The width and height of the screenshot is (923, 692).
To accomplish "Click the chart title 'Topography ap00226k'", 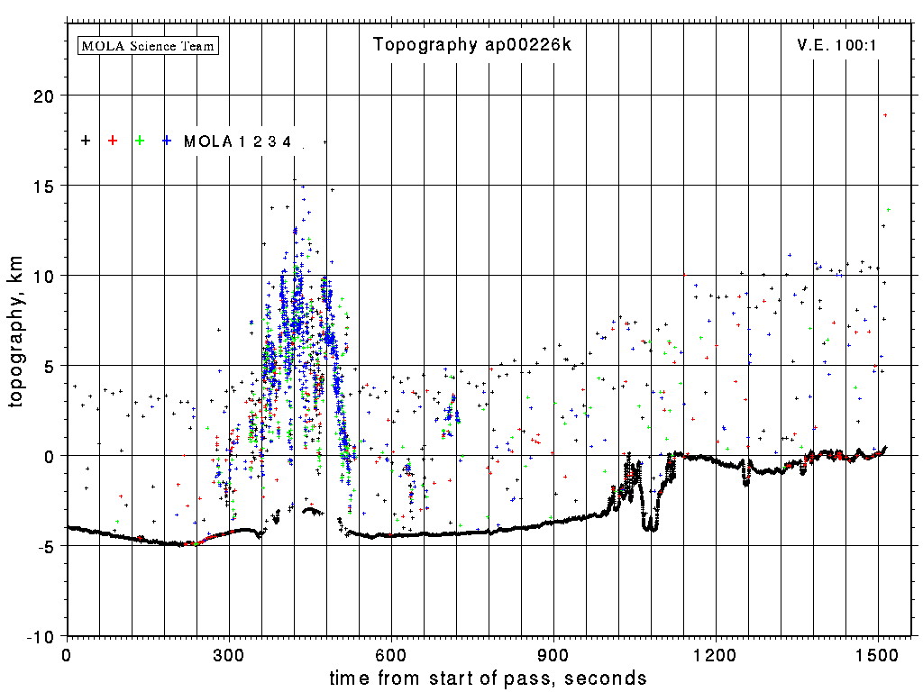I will (x=472, y=45).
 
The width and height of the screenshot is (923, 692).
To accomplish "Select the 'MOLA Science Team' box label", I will (x=149, y=45).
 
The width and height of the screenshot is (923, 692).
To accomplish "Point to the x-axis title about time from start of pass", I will (x=488, y=678).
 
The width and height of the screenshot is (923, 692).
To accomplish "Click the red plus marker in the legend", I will (x=113, y=141).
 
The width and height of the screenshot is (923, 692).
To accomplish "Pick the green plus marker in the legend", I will (x=140, y=141).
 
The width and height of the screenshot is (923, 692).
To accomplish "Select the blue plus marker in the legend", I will (x=167, y=141).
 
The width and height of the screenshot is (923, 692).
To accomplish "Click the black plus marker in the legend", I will (x=86, y=141).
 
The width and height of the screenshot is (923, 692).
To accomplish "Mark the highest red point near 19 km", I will (x=886, y=115).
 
